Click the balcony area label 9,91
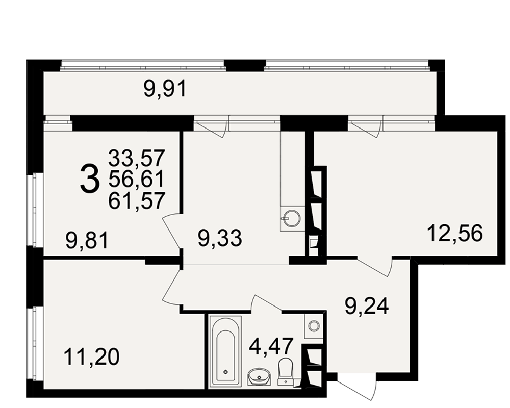point(165,89)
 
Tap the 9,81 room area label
point(87,240)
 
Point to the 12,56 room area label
point(455,233)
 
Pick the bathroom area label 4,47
point(271,346)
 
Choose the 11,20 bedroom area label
point(92,356)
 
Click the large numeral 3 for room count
point(89,179)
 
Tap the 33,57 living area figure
point(137,158)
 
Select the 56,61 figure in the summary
point(137,180)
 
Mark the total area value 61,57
point(137,200)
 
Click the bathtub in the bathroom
point(225,351)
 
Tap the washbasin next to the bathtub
point(259,377)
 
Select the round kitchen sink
point(291,218)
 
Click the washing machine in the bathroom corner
point(314,325)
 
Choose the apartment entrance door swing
point(357,387)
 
